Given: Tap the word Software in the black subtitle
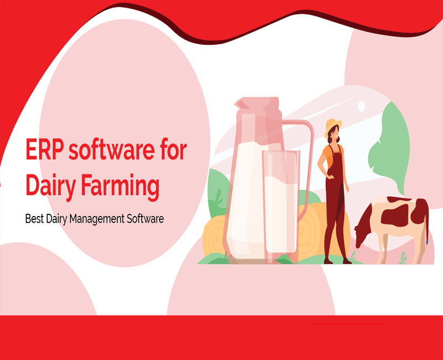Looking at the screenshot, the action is point(145,219).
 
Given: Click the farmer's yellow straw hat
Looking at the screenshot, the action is point(333,126).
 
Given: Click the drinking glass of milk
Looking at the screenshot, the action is point(280,205).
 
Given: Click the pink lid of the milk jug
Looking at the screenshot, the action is point(257,104).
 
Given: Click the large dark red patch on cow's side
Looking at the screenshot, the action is point(395,215).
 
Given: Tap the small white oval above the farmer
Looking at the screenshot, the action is point(362,106).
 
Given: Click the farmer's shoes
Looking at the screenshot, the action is point(338,261).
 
